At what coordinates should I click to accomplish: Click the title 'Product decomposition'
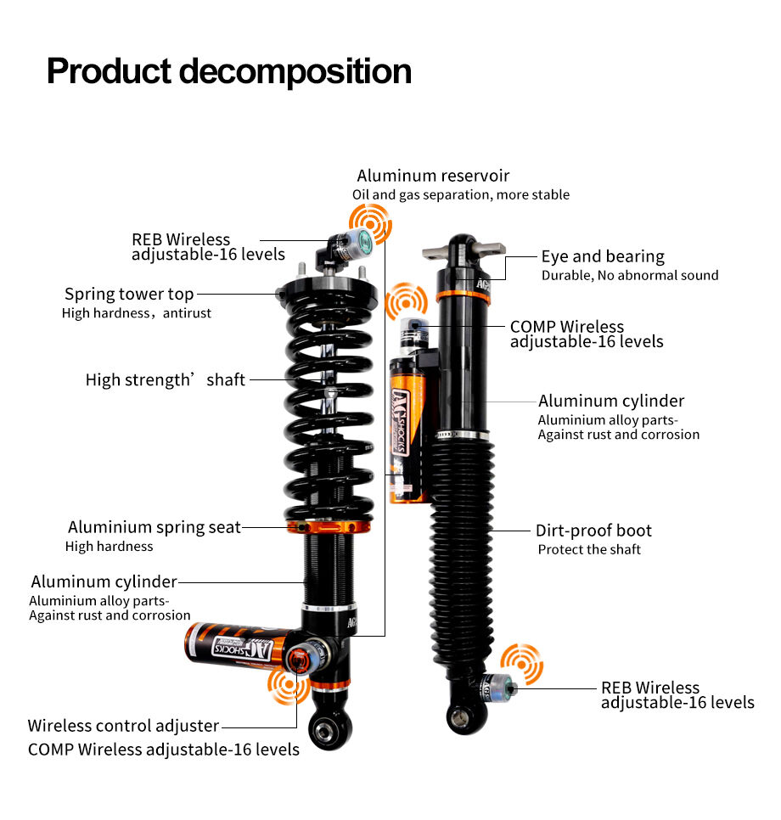click(x=228, y=71)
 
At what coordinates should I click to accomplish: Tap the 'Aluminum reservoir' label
click(x=433, y=176)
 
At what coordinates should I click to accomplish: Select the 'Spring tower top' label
click(x=129, y=295)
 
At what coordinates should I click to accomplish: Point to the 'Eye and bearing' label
click(x=603, y=256)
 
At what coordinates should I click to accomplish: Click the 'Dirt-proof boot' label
click(x=593, y=531)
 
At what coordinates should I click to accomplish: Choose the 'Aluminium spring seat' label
click(x=155, y=527)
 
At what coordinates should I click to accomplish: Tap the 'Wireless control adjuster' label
click(x=123, y=726)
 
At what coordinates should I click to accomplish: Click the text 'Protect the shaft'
click(x=589, y=549)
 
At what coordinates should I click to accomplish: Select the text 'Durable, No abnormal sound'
click(x=630, y=275)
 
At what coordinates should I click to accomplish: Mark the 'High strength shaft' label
click(x=165, y=379)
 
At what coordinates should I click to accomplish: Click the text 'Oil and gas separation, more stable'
click(x=461, y=194)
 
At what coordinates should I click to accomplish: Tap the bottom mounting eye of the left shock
click(x=329, y=729)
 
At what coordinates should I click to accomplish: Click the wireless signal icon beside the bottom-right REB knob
click(x=521, y=664)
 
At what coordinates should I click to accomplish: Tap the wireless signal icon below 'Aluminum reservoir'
click(x=372, y=226)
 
